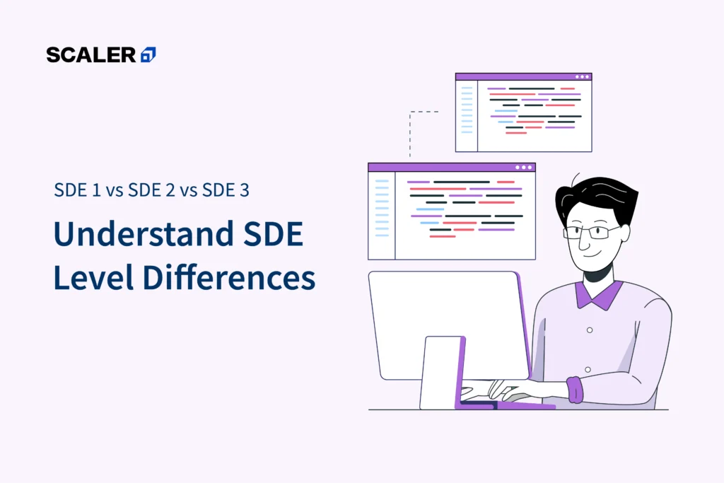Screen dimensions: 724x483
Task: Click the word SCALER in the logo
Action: (x=91, y=55)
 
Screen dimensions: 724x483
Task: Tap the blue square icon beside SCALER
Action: (x=148, y=54)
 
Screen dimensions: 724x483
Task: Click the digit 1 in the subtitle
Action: (x=96, y=190)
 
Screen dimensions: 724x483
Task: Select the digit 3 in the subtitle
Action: (x=244, y=190)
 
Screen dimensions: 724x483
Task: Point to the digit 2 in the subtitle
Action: (x=170, y=190)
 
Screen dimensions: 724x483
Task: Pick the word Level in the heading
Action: (x=93, y=277)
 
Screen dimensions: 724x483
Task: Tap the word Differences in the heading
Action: (x=229, y=277)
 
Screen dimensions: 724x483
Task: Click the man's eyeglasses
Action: (x=592, y=231)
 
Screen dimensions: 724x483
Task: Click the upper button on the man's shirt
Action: (x=590, y=330)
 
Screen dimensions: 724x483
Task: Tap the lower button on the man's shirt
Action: (x=588, y=370)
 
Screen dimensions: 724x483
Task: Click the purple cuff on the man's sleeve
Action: (x=575, y=390)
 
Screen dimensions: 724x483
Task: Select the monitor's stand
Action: (x=443, y=373)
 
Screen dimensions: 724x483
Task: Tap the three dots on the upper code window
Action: (x=583, y=77)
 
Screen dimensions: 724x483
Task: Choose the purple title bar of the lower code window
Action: (x=452, y=168)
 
